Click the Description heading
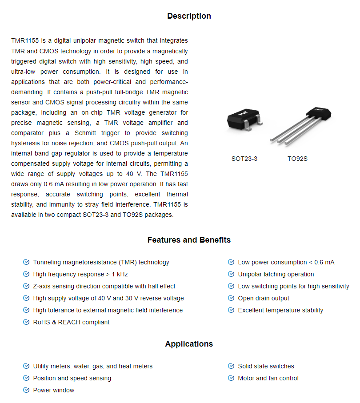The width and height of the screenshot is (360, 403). coord(189,16)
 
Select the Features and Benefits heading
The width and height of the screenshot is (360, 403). coord(189,240)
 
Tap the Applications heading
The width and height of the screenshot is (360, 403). coord(189,344)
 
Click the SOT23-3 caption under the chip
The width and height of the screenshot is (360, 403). coord(244,159)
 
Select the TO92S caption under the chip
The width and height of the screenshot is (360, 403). coord(297,159)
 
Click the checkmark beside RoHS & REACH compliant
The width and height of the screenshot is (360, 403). coord(26,322)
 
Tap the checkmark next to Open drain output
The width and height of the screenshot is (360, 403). coord(231,298)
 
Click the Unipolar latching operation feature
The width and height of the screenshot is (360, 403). coord(276,274)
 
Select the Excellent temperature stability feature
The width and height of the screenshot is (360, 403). coord(280,310)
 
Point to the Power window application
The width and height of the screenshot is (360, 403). coord(54,390)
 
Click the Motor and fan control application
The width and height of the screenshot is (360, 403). coord(268,378)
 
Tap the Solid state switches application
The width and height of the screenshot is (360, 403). coord(266,366)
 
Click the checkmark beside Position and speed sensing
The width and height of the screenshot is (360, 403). coord(26,378)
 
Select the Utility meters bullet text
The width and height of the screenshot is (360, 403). coord(92,366)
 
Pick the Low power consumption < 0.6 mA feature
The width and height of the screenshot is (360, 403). coord(286,262)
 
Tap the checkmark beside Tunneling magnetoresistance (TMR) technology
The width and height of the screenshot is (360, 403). coord(26,262)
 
